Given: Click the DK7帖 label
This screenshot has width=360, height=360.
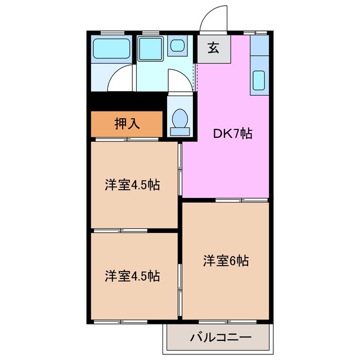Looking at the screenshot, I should [232, 134].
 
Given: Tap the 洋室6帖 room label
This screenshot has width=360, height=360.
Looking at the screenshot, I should [226, 261].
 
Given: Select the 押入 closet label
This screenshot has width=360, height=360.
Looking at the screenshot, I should [127, 123].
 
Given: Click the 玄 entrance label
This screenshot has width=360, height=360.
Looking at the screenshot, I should [214, 48].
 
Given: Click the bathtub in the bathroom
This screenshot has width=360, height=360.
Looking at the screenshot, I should [111, 49].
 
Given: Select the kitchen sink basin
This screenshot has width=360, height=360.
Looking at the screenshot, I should [259, 80].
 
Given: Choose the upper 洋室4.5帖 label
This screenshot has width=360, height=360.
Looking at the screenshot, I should [132, 186].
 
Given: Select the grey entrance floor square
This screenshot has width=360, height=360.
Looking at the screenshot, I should [214, 49].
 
